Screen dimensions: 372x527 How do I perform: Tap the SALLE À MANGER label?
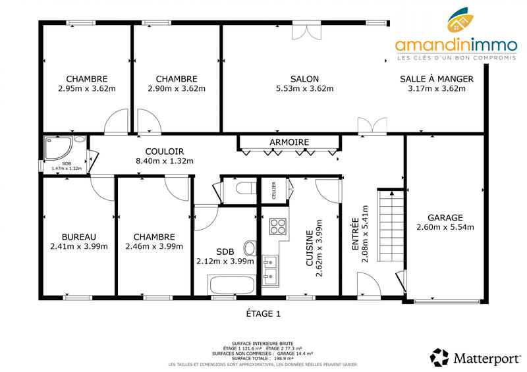click(x=436, y=78)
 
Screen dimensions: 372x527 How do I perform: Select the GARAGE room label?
click(x=445, y=217)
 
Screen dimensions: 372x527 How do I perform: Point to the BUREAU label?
click(x=79, y=236)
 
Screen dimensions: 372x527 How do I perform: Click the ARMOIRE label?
click(x=289, y=142)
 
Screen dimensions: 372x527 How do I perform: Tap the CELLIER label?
click(x=274, y=190)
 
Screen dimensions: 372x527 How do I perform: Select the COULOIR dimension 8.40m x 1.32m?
click(x=164, y=161)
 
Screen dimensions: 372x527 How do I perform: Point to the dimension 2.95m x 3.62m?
click(x=86, y=89)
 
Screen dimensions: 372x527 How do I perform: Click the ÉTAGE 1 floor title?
click(x=263, y=314)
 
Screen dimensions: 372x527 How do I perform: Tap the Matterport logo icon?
click(x=439, y=358)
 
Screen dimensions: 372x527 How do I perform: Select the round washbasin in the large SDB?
click(x=249, y=249)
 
